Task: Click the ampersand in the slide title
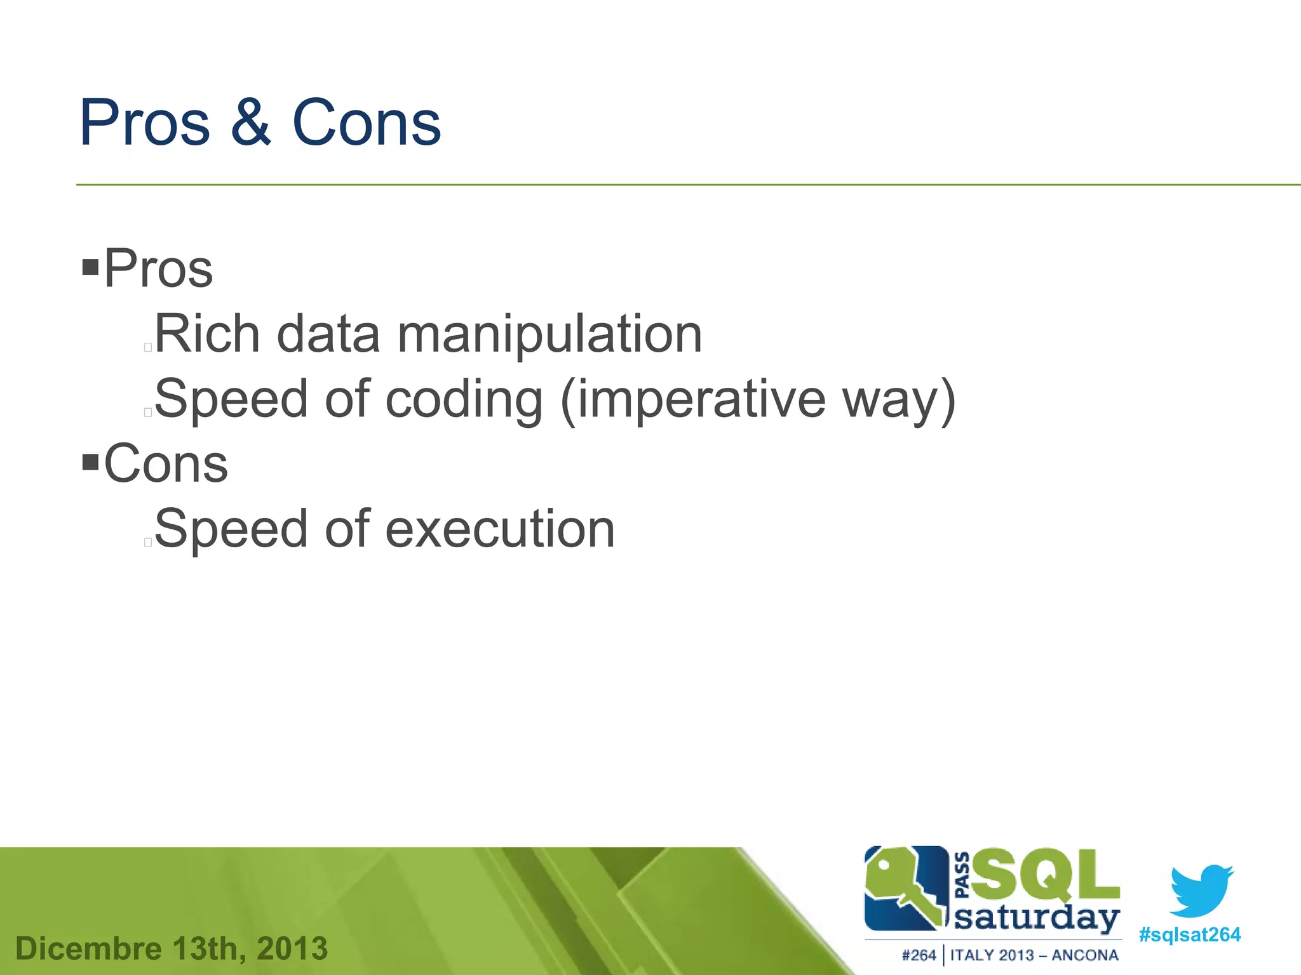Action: pos(251,123)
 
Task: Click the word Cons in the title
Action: pos(367,123)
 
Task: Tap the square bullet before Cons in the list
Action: pos(91,461)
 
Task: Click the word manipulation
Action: pos(549,335)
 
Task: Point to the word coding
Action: pos(464,400)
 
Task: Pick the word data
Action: pos(328,334)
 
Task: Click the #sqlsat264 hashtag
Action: pos(1189,934)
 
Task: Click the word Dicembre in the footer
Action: pos(89,949)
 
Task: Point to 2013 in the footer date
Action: pos(292,949)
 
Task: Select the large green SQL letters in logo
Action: pos(1045,877)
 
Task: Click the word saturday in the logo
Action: pos(1037,919)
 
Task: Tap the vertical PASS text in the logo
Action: pos(962,875)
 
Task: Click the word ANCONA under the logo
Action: pos(1084,955)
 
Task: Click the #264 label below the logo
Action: pos(919,955)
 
